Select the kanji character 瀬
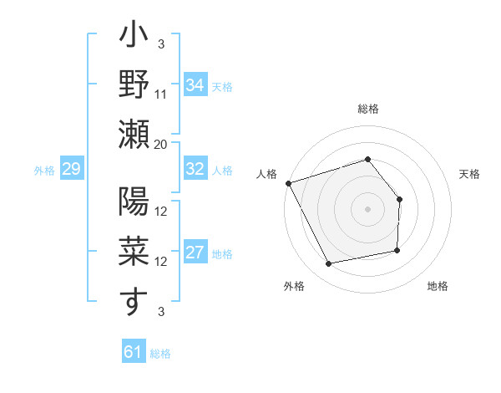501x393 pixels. pos(134,133)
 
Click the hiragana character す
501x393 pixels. pos(134,301)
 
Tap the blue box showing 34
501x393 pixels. pos(195,85)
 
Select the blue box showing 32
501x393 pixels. pos(195,169)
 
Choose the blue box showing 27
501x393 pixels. pos(195,253)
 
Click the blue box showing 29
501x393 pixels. pos(71,170)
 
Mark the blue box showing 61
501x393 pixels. pos(133,352)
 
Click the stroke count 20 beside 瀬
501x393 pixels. pos(161,145)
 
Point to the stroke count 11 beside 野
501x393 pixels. pos(161,94)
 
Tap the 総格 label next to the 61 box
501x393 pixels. pos(160,354)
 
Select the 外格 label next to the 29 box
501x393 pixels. pos(44,171)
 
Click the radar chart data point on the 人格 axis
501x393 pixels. pos(288,182)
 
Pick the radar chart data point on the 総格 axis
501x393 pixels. pos(367,159)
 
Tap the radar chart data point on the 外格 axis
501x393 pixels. pos(329,264)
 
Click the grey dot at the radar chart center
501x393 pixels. pos(367,209)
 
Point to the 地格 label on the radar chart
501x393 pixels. pos(438,286)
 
